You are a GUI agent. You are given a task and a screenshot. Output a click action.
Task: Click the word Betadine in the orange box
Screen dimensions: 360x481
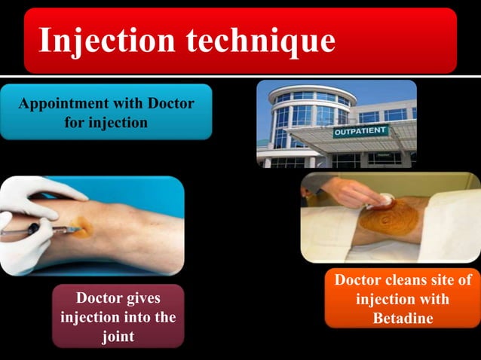[403, 318]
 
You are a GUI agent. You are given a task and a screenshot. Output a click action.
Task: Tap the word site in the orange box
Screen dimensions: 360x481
[446, 281]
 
